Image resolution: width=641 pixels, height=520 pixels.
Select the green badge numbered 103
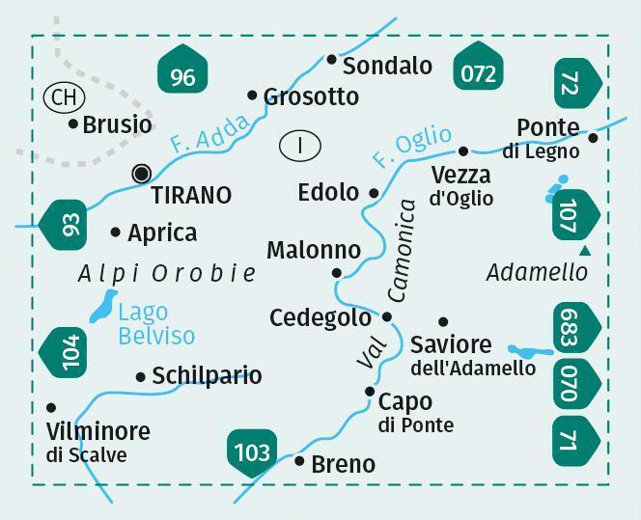coord(252,451)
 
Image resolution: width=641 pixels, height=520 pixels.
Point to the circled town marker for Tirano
coord(142,174)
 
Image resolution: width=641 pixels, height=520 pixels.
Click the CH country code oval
coord(64,96)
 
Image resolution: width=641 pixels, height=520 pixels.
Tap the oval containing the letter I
coord(300,146)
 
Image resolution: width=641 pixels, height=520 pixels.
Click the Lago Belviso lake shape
coord(102,306)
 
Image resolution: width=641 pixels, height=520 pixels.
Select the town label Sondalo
coord(387,66)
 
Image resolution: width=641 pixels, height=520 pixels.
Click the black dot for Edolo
coord(375,193)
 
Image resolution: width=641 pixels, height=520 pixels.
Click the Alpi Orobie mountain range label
coord(166,274)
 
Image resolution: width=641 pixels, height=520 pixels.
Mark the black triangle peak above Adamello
coord(584,251)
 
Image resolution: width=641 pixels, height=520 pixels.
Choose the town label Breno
coord(343,464)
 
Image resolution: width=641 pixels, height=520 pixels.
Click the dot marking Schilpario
coord(141,377)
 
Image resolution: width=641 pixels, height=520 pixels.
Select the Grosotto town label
coord(310,96)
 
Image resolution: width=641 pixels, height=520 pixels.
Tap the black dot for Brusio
coord(73,123)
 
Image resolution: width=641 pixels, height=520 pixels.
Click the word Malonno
coord(313,250)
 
